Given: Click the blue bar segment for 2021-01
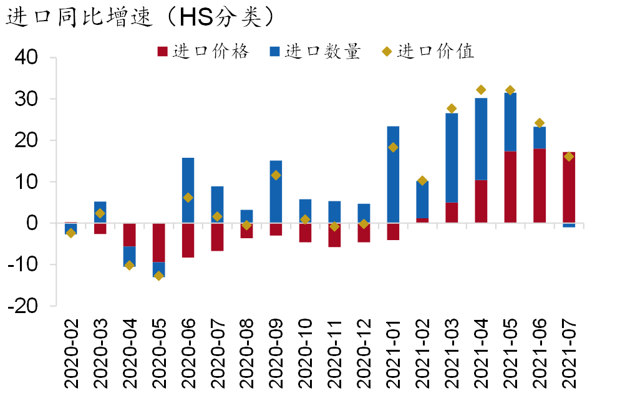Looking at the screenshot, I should point(393,175).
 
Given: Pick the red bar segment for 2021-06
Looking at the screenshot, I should point(540,185).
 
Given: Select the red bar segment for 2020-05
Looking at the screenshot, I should point(158,242).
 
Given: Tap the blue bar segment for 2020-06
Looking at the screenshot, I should point(188,190).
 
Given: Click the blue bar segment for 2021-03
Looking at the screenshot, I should point(452,158).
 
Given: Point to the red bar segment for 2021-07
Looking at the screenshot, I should point(569,187).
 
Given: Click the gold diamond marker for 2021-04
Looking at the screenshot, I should point(481,90).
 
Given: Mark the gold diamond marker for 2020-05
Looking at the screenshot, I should point(158,276).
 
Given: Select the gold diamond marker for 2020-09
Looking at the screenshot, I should point(276,175).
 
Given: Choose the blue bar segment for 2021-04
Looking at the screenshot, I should point(481,139).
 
